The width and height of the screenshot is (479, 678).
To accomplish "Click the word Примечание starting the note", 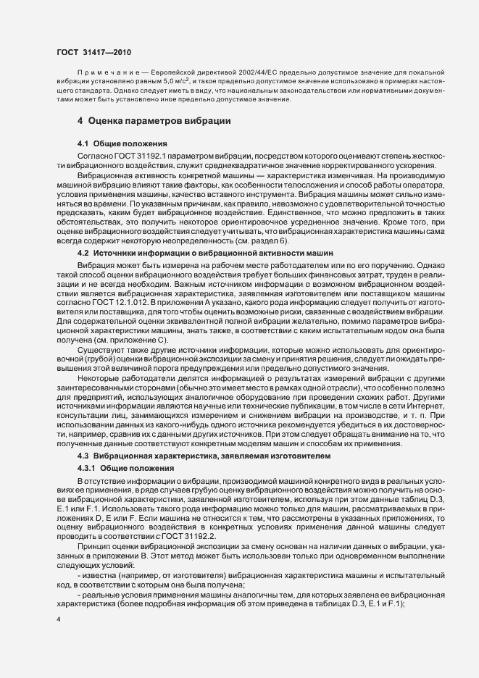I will pos(107,75).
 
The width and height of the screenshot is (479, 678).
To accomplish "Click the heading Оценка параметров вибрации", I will pos(159,120).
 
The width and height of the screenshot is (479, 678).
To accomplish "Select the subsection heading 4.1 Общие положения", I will pos(122,143).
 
